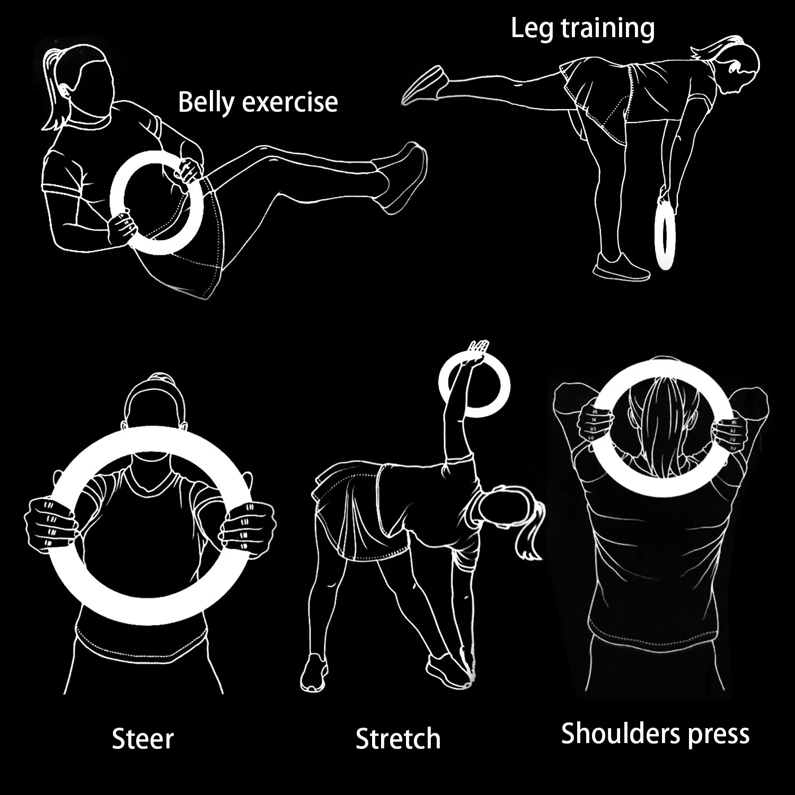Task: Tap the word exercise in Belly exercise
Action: tap(289, 102)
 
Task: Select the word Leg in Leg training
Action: tap(533, 29)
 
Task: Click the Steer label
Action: tap(143, 738)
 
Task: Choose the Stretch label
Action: tap(398, 738)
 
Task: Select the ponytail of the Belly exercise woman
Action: tap(55, 90)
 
